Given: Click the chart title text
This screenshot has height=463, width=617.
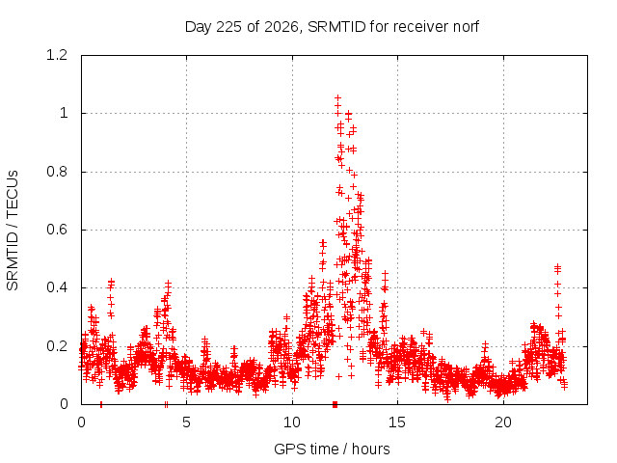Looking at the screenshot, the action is click(x=332, y=27).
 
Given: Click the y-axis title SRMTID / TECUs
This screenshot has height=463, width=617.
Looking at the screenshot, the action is click(x=13, y=231).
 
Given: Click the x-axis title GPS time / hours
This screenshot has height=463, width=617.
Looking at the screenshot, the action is click(x=332, y=449).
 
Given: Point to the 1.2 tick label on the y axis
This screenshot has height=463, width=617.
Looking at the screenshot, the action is click(x=57, y=55).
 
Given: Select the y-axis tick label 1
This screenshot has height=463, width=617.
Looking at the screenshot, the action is click(x=64, y=114).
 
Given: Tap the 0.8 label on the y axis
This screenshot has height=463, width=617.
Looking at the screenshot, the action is click(x=57, y=172).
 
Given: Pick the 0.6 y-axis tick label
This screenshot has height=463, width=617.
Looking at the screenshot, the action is click(x=57, y=230).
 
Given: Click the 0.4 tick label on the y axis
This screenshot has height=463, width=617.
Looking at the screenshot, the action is click(x=57, y=287).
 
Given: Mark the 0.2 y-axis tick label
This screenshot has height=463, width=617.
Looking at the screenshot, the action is click(x=57, y=346).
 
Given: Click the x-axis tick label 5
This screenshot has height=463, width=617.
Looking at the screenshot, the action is click(x=186, y=422).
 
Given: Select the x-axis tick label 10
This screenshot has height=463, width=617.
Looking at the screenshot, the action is click(x=292, y=422).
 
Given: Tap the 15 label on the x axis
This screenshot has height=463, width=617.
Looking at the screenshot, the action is click(x=397, y=422).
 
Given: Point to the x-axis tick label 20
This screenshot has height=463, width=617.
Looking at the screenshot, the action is click(x=503, y=422).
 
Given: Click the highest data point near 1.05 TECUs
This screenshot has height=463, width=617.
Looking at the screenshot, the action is click(x=337, y=98).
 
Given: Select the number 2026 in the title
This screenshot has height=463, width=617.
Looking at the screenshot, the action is click(x=282, y=27).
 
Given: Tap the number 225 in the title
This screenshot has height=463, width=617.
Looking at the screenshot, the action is click(x=229, y=27).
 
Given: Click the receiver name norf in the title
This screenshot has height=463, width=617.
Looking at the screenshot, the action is click(x=466, y=27).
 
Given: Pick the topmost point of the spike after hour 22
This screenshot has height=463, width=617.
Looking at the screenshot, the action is click(x=557, y=267).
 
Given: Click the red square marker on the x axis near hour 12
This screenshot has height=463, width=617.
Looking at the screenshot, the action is click(x=335, y=404).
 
